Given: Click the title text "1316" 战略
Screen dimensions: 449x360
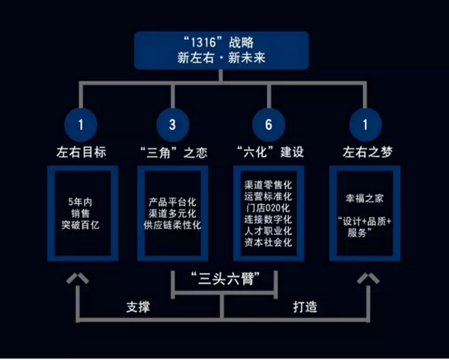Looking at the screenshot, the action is pos(219,42).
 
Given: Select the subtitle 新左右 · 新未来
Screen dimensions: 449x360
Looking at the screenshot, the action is pos(221,58).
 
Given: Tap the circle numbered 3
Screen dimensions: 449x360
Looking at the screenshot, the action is pos(172,125).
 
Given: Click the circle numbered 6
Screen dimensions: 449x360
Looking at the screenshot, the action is pos(269,125).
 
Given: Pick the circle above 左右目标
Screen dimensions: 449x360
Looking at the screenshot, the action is pos(81,125).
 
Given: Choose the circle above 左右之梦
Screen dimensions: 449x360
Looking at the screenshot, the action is pos(366,125).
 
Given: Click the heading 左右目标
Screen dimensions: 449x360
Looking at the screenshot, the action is pos(82,152).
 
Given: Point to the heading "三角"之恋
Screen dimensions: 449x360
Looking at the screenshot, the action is pos(174,152).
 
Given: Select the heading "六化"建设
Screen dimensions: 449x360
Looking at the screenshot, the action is pos(270,152).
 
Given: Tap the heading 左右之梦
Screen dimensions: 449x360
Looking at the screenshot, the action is pos(367,152).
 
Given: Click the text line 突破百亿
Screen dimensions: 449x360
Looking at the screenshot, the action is pos(81,225).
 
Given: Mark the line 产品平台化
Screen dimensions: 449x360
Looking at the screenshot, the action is pos(172,202).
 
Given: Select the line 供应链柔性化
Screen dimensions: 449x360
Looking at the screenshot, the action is pos(172,225).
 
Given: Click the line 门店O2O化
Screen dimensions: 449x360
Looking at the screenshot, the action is pos(269,208).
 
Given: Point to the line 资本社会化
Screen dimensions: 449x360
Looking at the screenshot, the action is pos(269,242).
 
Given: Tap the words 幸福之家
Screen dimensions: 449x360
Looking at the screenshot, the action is pos(365,198).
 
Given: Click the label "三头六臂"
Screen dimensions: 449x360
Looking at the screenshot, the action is pos(225,278).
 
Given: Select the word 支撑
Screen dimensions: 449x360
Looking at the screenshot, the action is pos(138,307).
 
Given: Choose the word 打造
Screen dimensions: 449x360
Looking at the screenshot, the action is pos(305,307).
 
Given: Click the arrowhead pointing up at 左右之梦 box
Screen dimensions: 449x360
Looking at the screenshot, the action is pos(368,278).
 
